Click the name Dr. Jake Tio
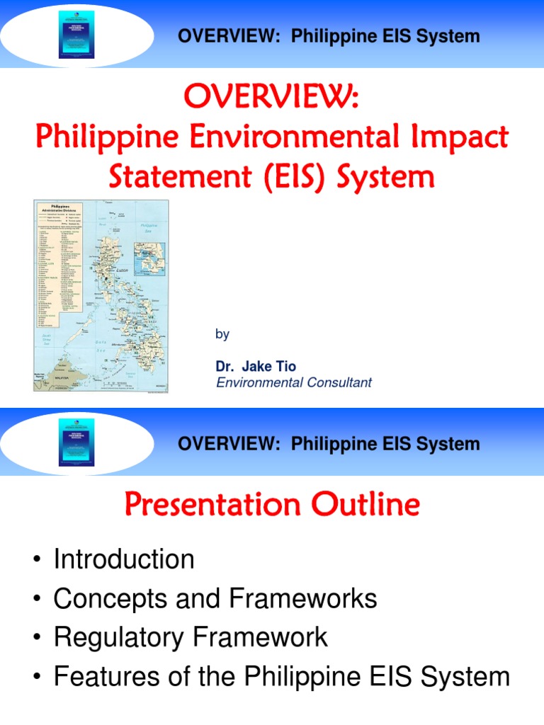pos(256,366)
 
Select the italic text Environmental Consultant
pos(293,382)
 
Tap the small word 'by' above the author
pos(222,334)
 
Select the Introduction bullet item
pos(124,559)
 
